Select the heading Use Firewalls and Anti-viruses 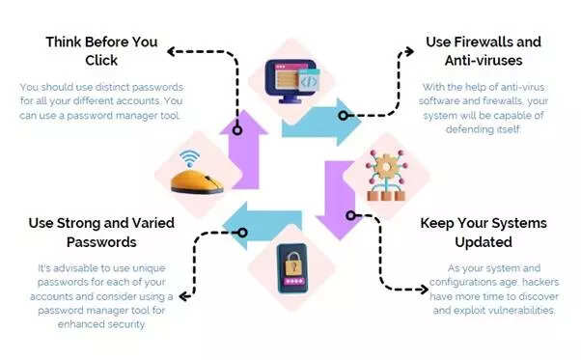click(483, 52)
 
